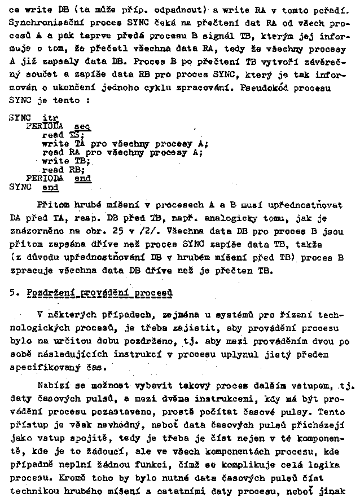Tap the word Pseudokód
point(267,88)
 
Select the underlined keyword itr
point(50,118)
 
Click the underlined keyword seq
point(82,127)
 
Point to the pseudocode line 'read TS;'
point(63,135)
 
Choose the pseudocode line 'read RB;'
point(63,170)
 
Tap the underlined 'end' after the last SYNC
point(50,187)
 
